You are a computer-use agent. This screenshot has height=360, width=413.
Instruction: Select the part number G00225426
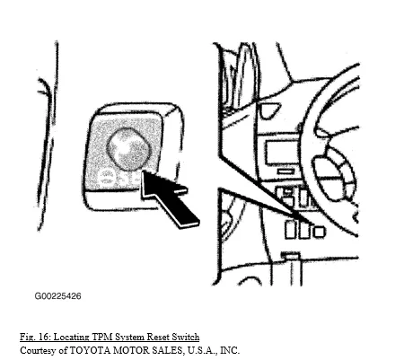(57, 296)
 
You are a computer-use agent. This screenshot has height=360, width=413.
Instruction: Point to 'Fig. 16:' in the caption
(35, 337)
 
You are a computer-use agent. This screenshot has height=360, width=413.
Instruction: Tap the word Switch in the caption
(186, 337)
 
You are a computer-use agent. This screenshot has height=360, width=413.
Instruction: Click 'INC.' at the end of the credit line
(230, 350)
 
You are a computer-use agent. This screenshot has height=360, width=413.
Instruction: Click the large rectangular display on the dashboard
(280, 153)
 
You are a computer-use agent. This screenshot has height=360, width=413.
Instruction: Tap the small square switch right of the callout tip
(319, 232)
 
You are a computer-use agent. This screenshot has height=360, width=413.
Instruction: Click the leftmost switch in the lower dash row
(290, 230)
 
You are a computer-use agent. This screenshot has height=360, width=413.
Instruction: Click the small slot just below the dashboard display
(286, 171)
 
